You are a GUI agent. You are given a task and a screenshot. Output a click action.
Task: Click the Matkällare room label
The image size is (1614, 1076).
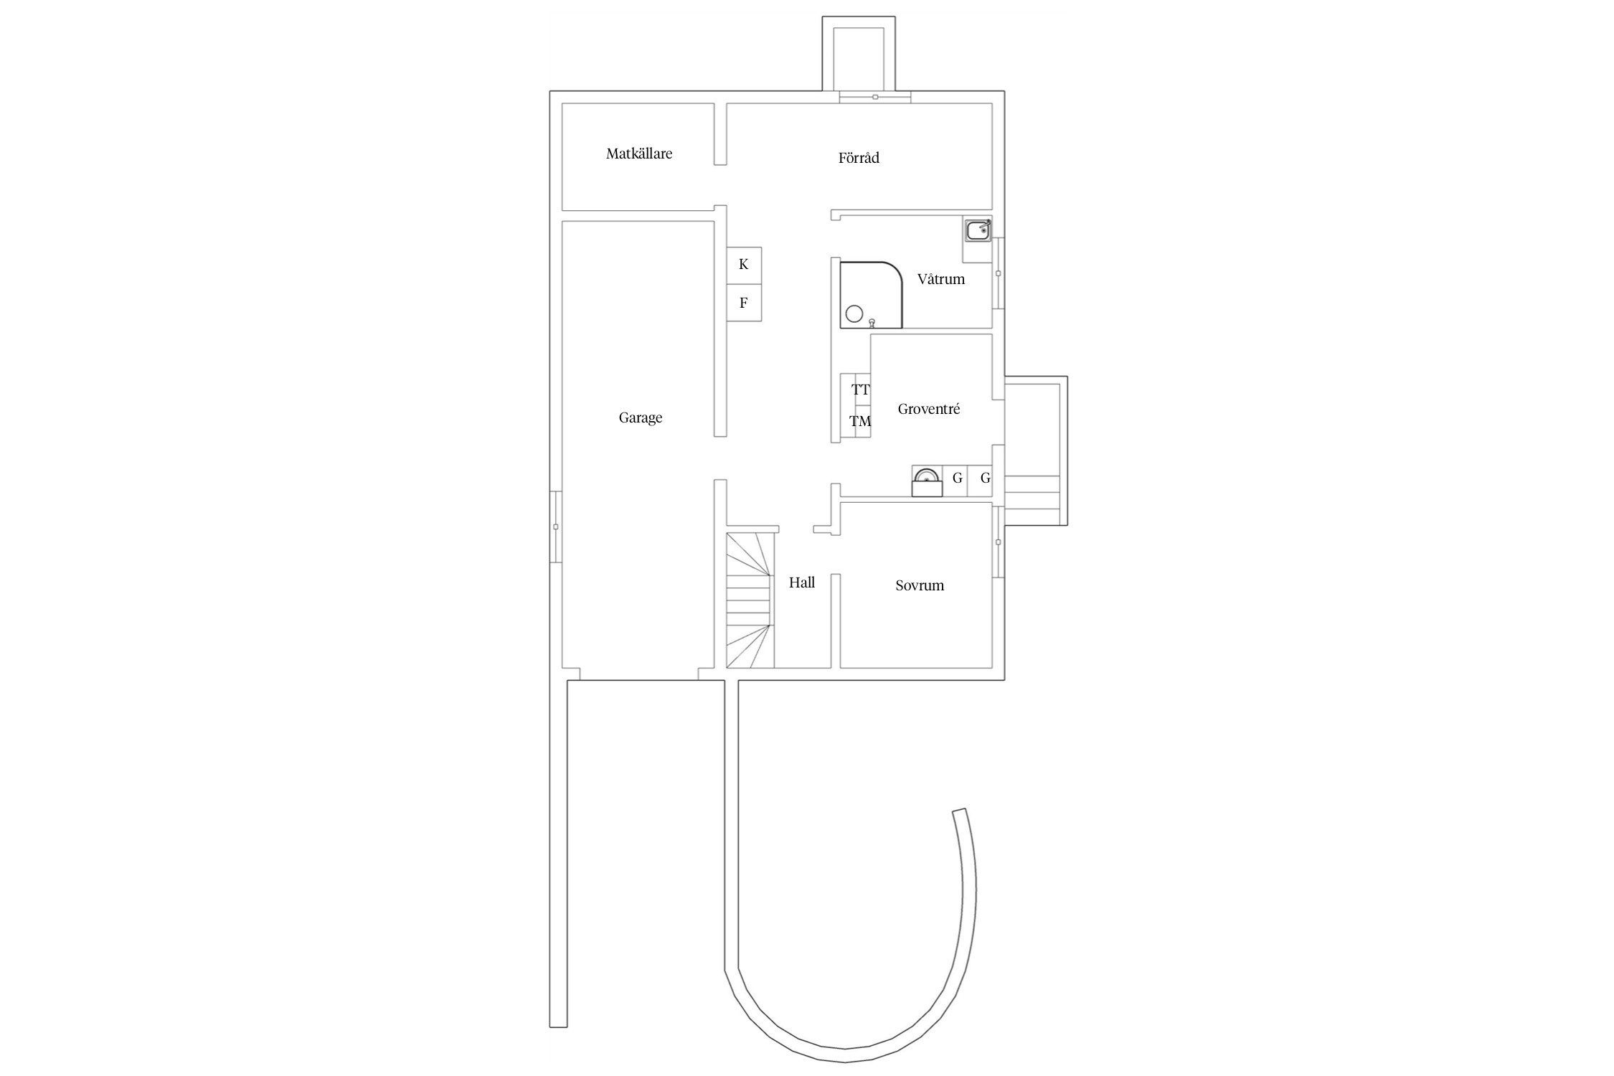point(639,154)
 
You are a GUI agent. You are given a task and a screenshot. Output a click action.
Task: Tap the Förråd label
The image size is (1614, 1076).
point(859,158)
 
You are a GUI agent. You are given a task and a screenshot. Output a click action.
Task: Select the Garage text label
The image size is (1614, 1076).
point(641,417)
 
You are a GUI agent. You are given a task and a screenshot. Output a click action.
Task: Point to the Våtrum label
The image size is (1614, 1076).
point(941,279)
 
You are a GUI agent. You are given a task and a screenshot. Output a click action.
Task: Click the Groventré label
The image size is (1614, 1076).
point(929,409)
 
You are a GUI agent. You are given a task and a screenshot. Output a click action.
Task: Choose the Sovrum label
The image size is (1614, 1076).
point(920,585)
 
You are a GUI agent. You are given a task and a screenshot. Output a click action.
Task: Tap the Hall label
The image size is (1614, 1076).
point(802,582)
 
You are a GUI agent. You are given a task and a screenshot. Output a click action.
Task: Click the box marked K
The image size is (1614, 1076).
point(744,265)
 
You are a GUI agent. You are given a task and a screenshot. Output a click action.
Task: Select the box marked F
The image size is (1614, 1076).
point(744,303)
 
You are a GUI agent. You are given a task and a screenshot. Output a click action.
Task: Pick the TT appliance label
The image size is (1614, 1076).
point(861,390)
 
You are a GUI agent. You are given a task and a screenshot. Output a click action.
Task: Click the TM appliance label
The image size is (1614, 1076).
point(860,421)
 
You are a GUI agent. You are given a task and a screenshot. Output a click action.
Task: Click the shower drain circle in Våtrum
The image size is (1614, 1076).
point(854,313)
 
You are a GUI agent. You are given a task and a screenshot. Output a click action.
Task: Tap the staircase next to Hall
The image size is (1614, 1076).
point(750,600)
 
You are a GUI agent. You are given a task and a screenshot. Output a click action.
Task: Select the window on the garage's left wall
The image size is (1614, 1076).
point(556,527)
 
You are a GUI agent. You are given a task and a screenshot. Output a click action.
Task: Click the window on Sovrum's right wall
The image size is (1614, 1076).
point(998,542)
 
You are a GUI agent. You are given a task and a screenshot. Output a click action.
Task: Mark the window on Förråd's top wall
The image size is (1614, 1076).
point(875,97)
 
